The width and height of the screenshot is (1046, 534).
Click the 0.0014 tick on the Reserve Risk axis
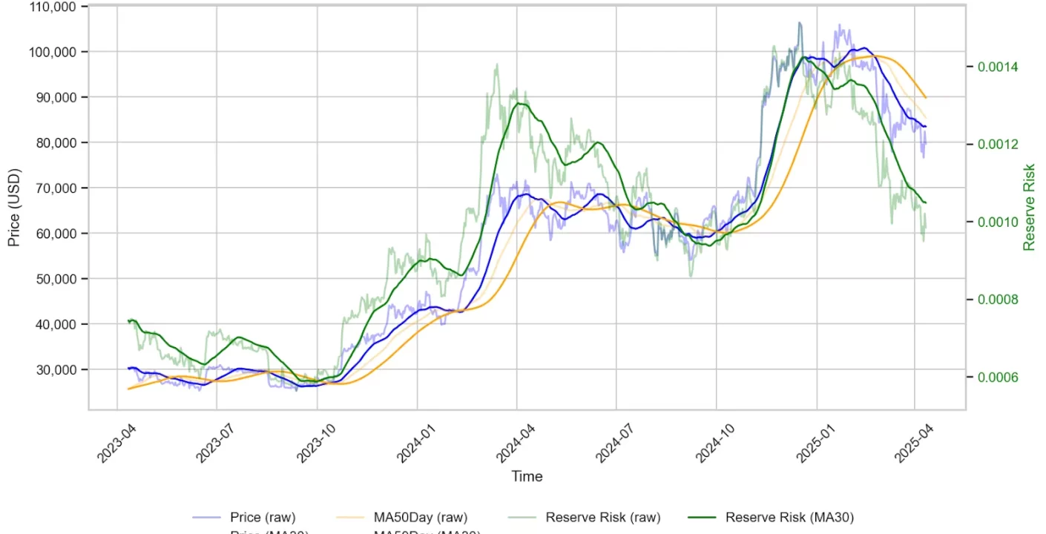(998, 67)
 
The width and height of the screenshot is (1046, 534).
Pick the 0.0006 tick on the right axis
(998, 378)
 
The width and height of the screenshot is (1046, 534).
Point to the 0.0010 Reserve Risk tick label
(998, 222)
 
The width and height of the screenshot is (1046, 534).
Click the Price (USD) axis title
(14, 208)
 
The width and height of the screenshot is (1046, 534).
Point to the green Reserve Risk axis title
(1029, 208)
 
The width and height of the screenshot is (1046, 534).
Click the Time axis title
(527, 476)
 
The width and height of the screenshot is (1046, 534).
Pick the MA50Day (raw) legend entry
(420, 518)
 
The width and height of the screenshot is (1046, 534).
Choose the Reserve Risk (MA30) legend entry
(789, 518)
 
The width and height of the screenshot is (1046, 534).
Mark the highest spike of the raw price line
(799, 23)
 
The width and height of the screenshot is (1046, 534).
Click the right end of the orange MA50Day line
(925, 98)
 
